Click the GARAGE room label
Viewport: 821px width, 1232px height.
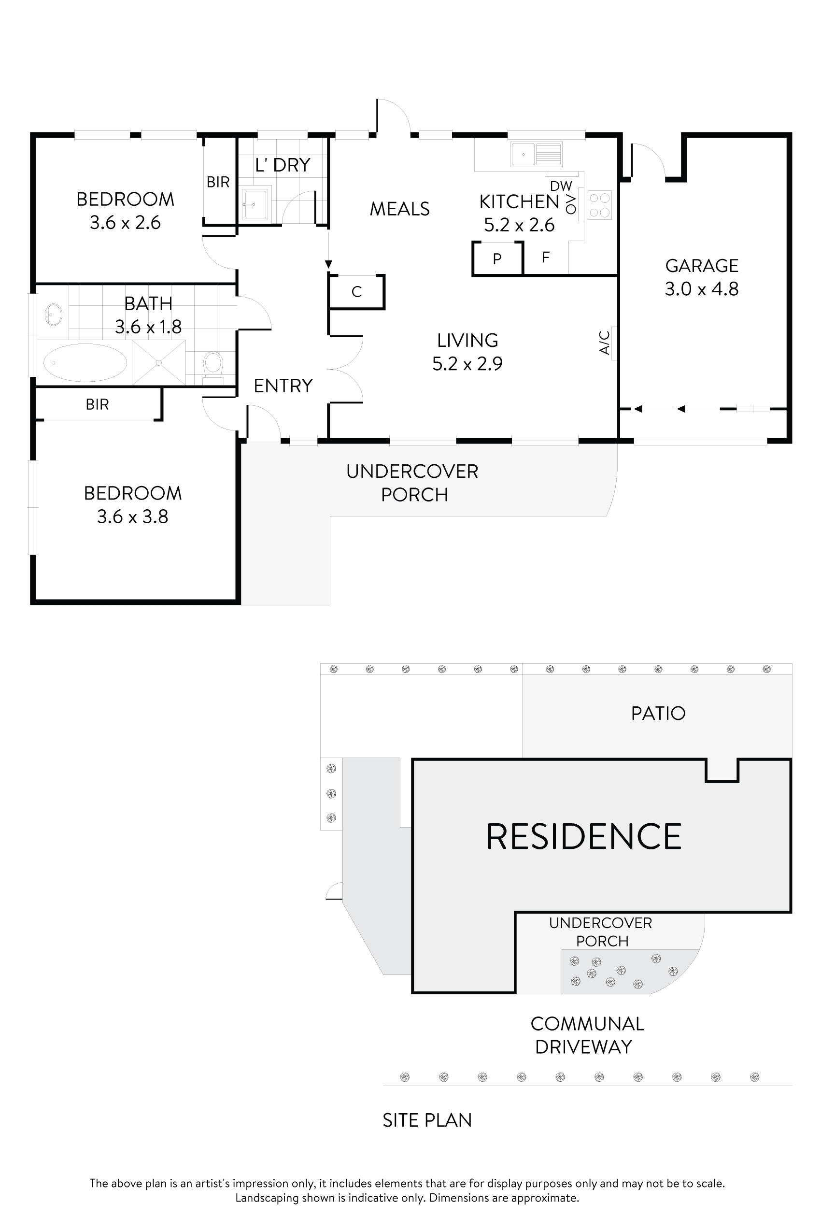[702, 266]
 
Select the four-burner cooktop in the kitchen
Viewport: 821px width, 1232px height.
[599, 205]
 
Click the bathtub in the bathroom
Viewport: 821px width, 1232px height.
[85, 362]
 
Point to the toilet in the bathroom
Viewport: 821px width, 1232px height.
[213, 365]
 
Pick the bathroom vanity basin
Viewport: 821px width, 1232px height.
[54, 315]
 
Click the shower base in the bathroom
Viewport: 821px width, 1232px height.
[159, 362]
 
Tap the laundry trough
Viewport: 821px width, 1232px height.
[255, 204]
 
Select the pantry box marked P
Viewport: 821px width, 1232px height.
[497, 258]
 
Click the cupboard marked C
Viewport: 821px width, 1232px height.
[356, 292]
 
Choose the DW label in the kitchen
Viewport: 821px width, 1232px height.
[561, 186]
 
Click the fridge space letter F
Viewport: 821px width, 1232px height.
[546, 257]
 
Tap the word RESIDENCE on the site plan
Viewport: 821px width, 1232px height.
[584, 836]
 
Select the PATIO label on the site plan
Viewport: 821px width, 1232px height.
[658, 714]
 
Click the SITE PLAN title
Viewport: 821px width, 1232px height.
[427, 1120]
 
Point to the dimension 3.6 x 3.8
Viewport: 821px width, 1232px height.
[132, 517]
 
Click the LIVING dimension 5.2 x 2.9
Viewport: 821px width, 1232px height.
[467, 363]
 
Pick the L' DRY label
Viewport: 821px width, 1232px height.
[283, 165]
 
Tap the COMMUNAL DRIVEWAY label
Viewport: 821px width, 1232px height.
[587, 1035]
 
